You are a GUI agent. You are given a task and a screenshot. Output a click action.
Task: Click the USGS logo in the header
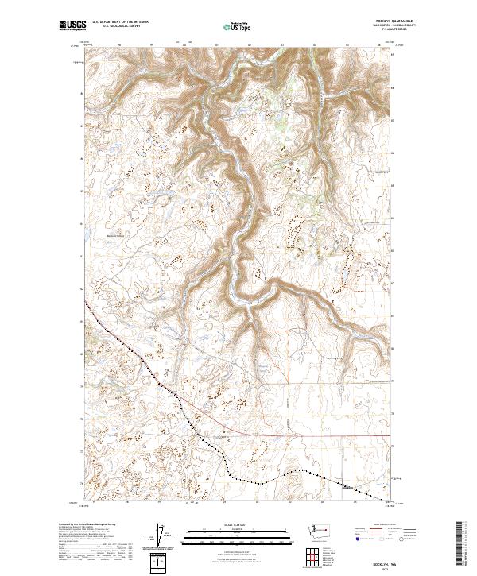(72, 25)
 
